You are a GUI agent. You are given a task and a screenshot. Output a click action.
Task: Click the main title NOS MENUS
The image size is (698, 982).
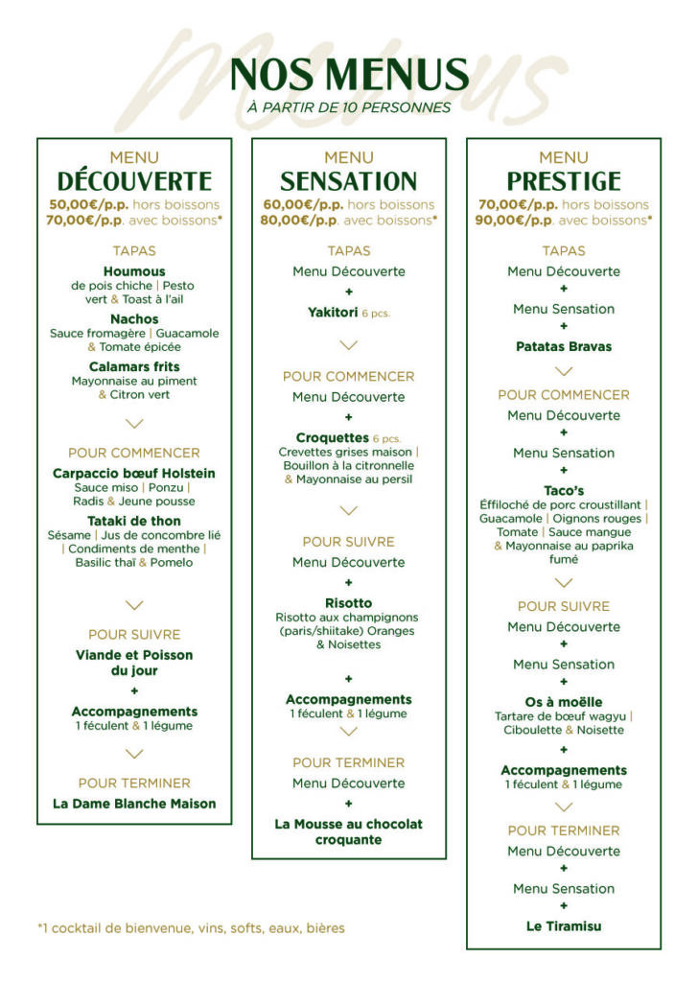(x=349, y=75)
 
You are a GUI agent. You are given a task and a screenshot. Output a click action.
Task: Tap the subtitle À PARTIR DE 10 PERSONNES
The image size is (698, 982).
(x=349, y=107)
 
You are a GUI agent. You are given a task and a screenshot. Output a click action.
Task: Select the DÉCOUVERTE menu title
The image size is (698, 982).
(x=134, y=181)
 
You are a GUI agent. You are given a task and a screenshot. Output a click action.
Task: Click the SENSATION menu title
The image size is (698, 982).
(x=349, y=181)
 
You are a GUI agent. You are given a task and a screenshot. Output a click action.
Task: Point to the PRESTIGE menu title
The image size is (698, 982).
(x=564, y=181)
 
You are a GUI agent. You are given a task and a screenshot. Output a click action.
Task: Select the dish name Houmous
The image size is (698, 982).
(x=134, y=271)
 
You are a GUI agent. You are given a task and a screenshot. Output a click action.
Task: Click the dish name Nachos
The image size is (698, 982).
(x=134, y=318)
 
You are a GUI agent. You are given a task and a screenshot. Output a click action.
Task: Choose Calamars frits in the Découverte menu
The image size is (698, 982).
(x=134, y=366)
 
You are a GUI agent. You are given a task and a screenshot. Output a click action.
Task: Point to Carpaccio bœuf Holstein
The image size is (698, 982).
(x=134, y=473)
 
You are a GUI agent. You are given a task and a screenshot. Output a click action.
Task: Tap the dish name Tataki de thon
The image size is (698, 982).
(x=134, y=521)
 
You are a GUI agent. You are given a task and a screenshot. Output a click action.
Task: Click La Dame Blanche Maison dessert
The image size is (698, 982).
(x=134, y=804)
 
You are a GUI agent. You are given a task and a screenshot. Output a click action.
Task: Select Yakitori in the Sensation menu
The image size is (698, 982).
(x=333, y=313)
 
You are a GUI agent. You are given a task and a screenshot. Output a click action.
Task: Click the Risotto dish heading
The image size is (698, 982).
(x=349, y=603)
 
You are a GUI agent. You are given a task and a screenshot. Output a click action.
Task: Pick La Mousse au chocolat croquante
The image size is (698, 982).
(x=349, y=831)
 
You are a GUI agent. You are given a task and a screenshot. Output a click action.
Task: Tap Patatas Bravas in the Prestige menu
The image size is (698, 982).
(x=564, y=346)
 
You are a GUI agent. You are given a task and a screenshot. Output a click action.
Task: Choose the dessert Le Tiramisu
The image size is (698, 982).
(x=564, y=926)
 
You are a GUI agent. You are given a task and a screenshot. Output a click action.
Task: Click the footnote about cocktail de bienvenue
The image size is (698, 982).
(x=191, y=928)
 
